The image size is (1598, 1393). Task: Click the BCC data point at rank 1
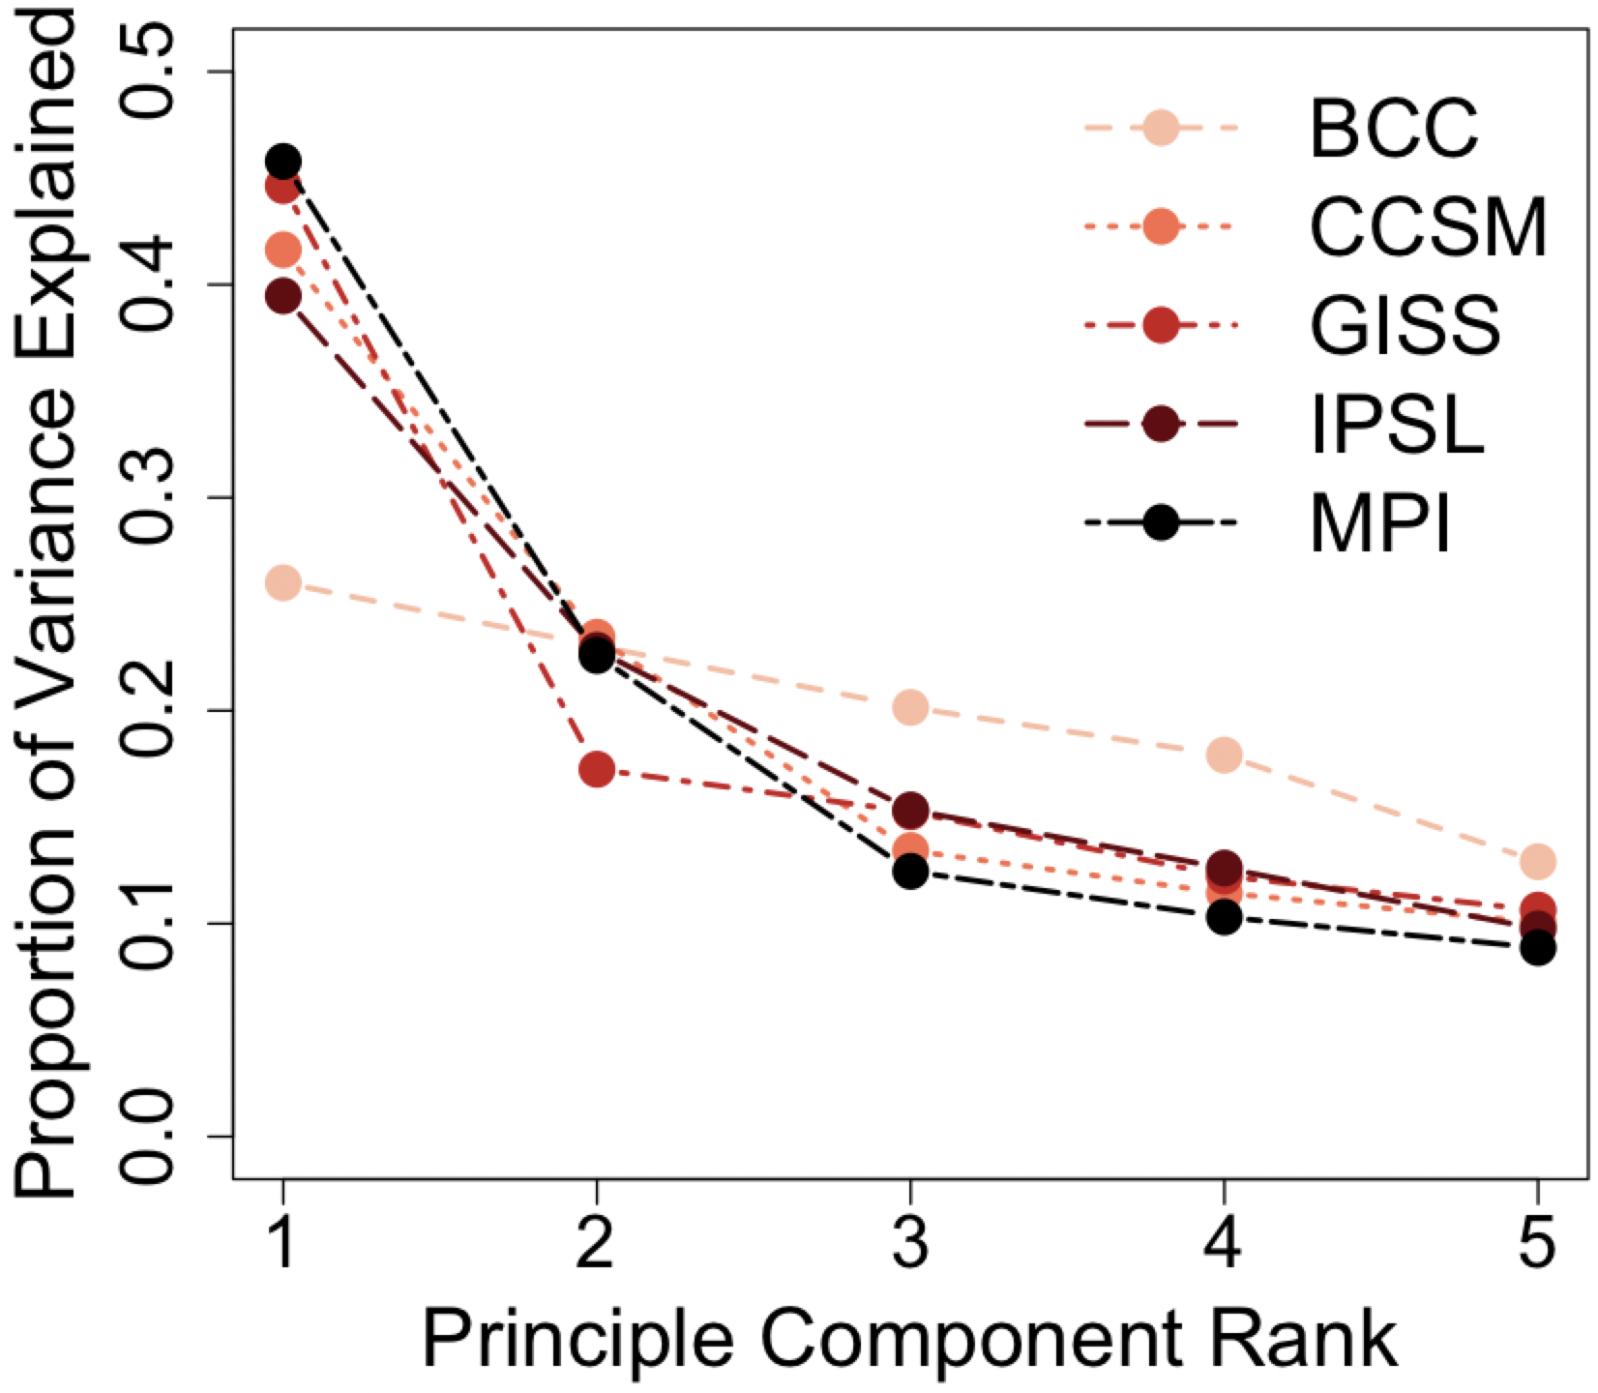tap(282, 583)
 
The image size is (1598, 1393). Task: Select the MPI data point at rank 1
tap(282, 161)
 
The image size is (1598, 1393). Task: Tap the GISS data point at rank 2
tap(597, 770)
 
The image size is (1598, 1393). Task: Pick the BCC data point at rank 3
tap(910, 707)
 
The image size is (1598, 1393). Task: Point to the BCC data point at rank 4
tap(1225, 755)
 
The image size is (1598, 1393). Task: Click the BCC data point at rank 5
tap(1538, 860)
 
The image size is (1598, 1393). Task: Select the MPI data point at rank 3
tap(910, 872)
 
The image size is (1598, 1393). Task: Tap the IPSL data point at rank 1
tap(282, 296)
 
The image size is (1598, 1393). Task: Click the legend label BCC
tap(1394, 130)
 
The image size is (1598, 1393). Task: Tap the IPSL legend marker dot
tap(1161, 424)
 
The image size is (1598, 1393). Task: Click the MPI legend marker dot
tap(1161, 523)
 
